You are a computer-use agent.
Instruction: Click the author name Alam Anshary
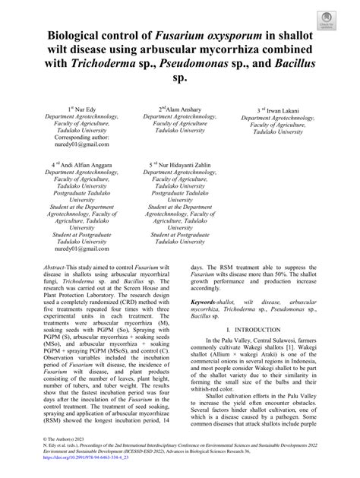(x=183, y=109)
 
